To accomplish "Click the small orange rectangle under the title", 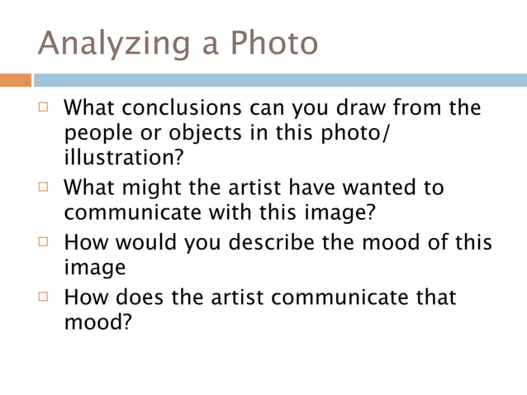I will tap(16, 80).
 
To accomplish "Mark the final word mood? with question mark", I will tap(98, 321).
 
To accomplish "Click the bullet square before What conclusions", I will tap(45, 108).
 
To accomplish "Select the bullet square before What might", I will tap(45, 187).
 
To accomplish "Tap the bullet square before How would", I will tap(45, 242).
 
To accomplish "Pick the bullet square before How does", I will tap(45, 297).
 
